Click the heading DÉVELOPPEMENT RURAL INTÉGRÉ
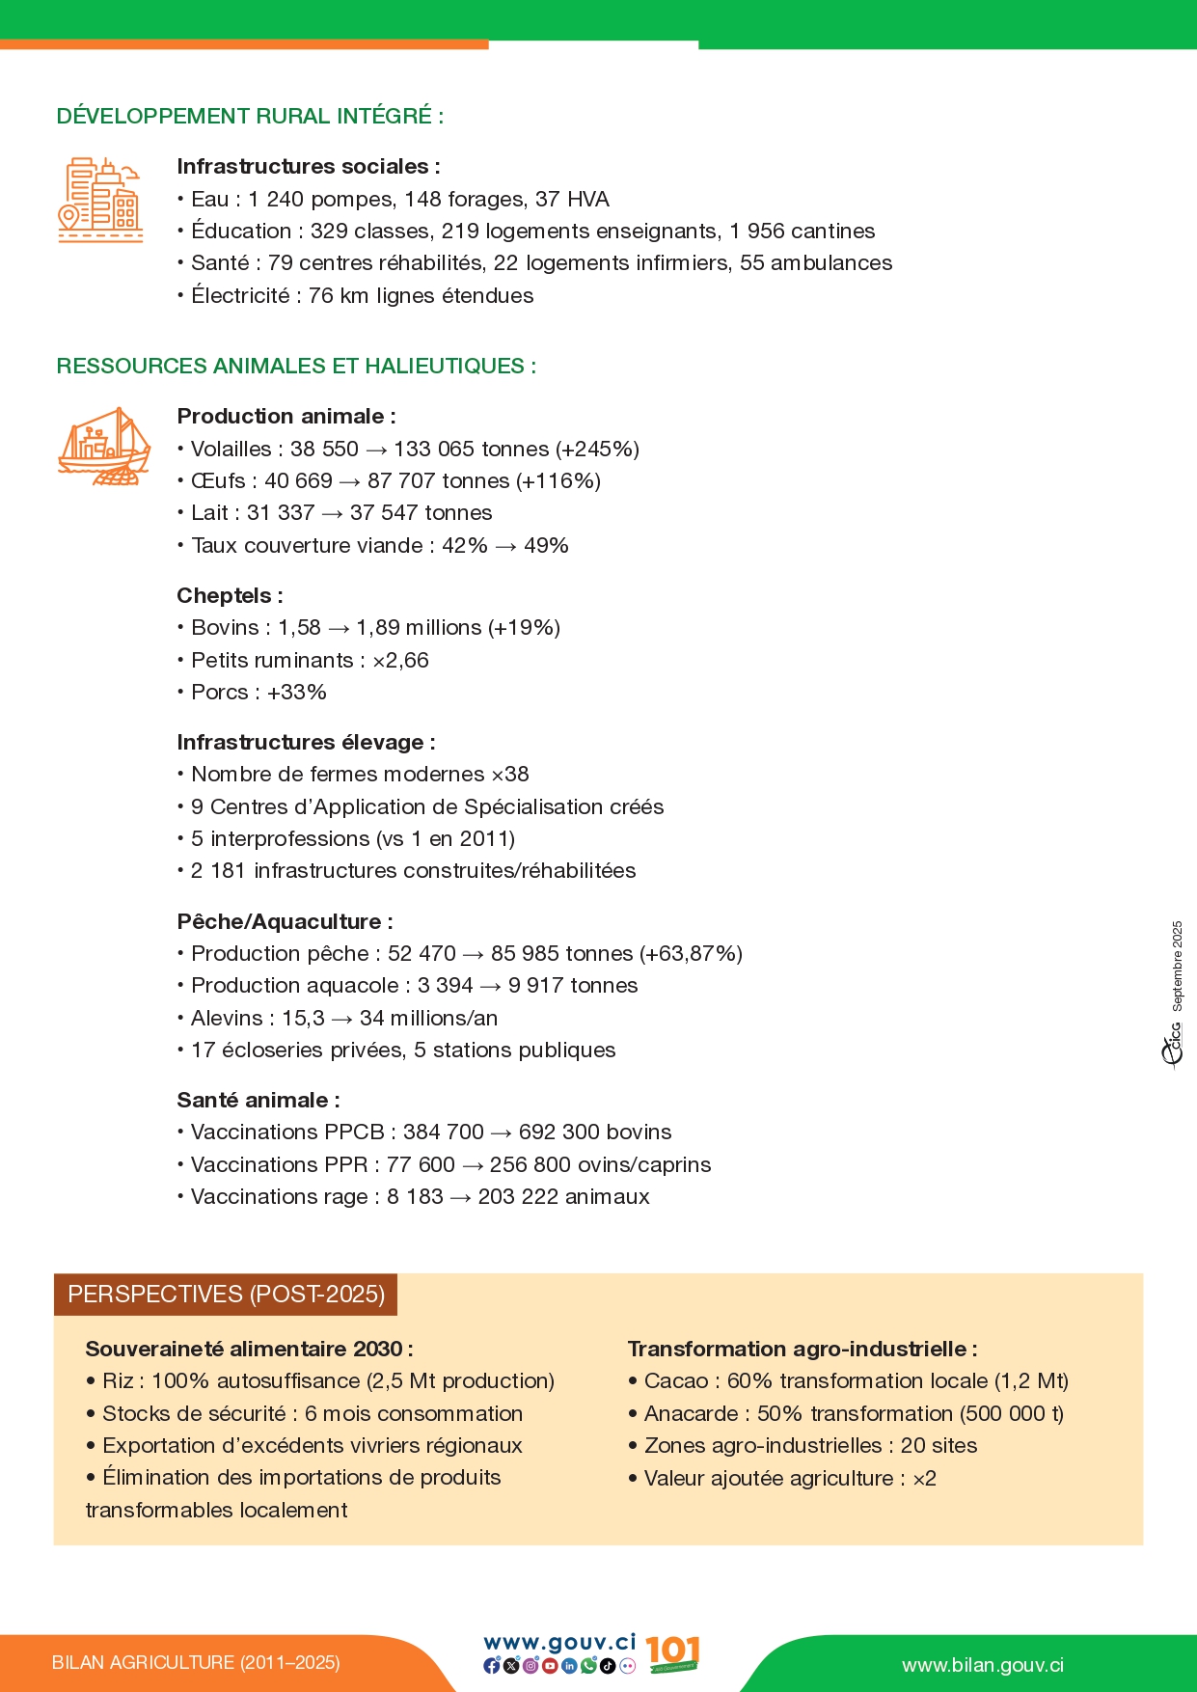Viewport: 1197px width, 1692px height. tap(250, 117)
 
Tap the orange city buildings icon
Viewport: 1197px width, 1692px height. tap(100, 200)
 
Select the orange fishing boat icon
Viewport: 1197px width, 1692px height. tap(104, 447)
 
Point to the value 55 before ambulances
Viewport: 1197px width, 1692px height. tap(752, 263)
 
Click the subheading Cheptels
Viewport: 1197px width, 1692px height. tap(229, 596)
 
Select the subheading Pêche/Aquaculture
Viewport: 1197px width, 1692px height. tap(284, 922)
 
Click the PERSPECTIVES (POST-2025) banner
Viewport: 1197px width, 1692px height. tap(226, 1295)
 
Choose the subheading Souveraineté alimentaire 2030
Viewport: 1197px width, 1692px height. tap(248, 1350)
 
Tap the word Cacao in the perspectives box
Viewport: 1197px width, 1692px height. tap(676, 1381)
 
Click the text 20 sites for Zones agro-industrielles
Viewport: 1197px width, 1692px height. tap(939, 1446)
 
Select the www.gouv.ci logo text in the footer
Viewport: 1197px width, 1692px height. tap(559, 1643)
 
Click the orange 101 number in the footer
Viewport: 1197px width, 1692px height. tap(672, 1651)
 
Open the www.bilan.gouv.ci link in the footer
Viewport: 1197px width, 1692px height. tap(982, 1666)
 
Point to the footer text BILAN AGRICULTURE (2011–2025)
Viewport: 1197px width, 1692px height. tap(196, 1663)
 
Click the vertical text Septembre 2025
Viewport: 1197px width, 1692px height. tap(1177, 966)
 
